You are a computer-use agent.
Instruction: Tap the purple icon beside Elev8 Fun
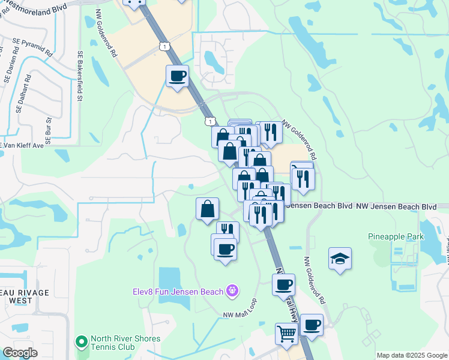[233, 292]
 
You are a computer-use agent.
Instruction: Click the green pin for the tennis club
[81, 342]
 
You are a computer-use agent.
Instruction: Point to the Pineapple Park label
[396, 237]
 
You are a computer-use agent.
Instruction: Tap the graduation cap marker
[340, 259]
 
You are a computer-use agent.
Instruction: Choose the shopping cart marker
[286, 334]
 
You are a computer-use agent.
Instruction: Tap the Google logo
[20, 353]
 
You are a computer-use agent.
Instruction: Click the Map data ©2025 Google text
[411, 355]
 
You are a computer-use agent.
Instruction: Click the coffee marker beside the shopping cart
[311, 325]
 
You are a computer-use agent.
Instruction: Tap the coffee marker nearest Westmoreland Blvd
[177, 76]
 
